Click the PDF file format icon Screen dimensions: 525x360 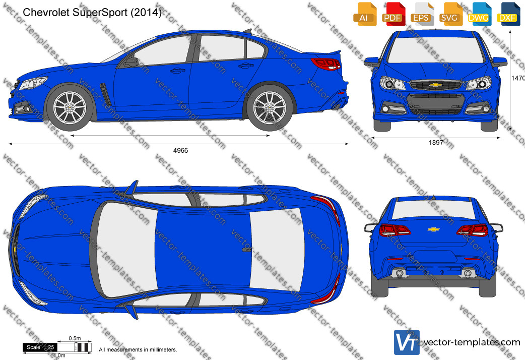[393, 14]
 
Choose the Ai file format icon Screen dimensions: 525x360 [364, 14]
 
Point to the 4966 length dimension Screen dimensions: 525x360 [180, 150]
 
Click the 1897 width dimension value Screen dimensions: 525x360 [436, 143]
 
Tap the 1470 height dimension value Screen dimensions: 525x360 [518, 78]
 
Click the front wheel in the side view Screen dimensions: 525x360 [70, 107]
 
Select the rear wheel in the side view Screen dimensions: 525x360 [270, 108]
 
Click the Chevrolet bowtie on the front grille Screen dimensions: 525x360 [435, 85]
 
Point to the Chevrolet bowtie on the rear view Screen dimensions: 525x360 [434, 229]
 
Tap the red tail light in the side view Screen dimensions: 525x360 [326, 64]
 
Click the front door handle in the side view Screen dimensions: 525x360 [177, 71]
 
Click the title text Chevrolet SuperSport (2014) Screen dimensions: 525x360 [92, 13]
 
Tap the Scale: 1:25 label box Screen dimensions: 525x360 [40, 347]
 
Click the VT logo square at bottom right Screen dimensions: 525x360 [407, 342]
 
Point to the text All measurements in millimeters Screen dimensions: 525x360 [138, 349]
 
